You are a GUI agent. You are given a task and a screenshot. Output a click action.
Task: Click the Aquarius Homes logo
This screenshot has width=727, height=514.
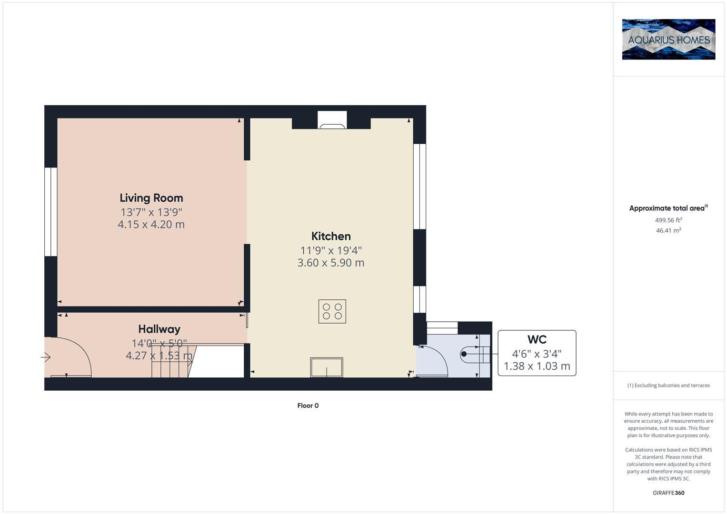[x=668, y=39]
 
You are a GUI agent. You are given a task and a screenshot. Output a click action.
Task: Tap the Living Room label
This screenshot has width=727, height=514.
[x=151, y=198]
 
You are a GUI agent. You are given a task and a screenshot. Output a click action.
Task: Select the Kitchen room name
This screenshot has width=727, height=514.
[x=331, y=236]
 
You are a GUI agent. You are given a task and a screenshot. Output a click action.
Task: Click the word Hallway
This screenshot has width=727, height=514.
[x=159, y=329]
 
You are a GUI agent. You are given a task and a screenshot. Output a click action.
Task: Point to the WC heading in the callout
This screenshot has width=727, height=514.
[x=537, y=339]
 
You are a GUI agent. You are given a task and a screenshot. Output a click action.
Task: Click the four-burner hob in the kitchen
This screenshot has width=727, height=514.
[x=332, y=311]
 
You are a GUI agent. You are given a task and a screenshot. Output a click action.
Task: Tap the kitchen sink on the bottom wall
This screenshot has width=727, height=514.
[x=327, y=367]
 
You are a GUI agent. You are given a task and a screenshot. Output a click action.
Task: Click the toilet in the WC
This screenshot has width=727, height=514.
[x=474, y=354]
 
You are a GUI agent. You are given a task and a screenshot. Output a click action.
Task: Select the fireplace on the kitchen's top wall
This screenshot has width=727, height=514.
[x=332, y=121]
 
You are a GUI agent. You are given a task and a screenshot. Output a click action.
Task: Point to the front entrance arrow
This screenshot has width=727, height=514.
[x=46, y=357]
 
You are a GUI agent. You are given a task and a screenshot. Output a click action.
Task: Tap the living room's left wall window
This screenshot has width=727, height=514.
[x=51, y=212]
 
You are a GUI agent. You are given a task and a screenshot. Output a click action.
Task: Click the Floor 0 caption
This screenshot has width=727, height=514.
[x=308, y=405]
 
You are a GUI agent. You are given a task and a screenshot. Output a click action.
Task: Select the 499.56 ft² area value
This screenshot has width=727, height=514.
[x=668, y=220]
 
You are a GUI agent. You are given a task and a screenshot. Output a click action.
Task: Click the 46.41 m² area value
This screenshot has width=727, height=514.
[x=668, y=230]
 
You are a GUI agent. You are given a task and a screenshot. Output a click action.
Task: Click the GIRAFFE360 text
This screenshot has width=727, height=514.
[x=668, y=493]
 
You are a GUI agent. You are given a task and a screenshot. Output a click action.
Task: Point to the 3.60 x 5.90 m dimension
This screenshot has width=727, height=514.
[x=331, y=263]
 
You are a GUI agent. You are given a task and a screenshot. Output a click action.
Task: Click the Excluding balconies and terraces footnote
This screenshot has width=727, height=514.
[x=668, y=385]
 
